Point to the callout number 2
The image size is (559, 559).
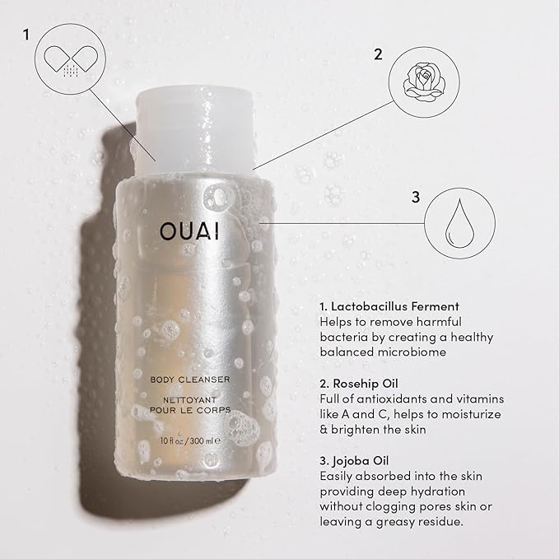click(378, 55)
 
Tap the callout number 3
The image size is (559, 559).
click(415, 197)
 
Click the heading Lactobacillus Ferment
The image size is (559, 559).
click(389, 305)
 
